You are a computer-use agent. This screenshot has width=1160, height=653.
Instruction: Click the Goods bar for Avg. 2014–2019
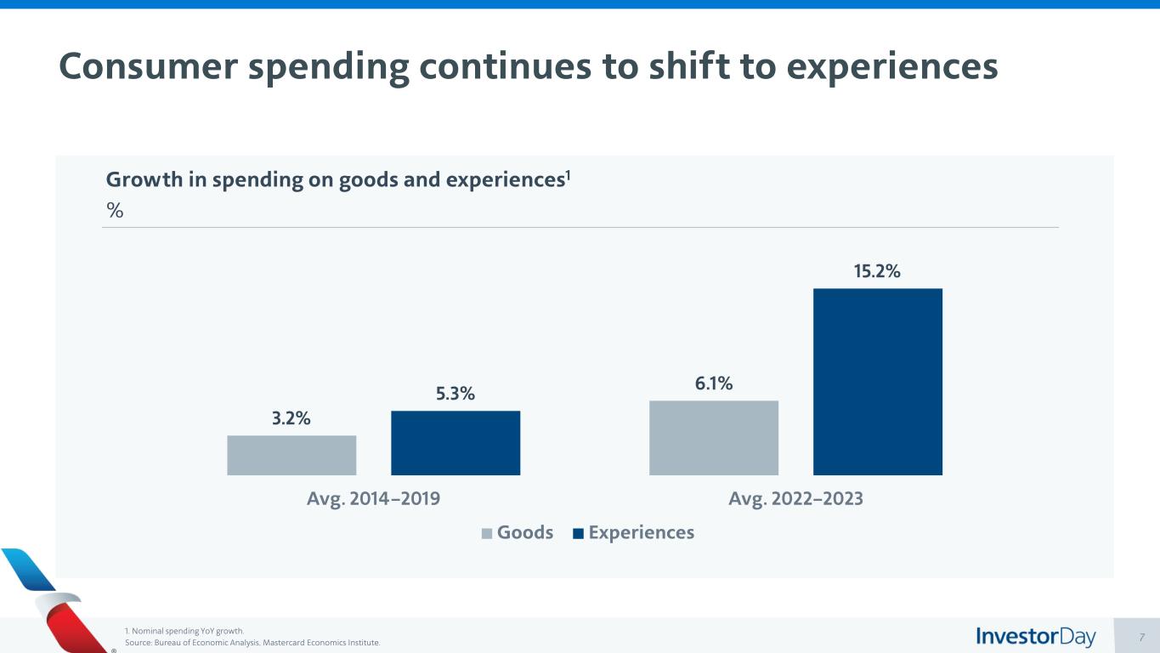click(291, 455)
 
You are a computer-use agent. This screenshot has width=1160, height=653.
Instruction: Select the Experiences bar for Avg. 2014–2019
click(456, 443)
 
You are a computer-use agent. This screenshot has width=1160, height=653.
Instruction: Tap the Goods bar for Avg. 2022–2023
click(714, 438)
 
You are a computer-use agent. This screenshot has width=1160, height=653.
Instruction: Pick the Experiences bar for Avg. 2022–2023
click(878, 382)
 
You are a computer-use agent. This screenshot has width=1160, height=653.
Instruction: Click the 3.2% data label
click(291, 418)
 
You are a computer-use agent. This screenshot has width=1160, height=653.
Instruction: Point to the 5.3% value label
click(456, 394)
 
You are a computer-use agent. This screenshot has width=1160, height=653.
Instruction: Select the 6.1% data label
click(714, 383)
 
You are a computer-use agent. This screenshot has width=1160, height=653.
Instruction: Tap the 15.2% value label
click(877, 271)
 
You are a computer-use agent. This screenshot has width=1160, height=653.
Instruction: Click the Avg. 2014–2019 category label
click(373, 499)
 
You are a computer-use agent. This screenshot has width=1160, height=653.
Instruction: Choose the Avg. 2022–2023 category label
click(795, 499)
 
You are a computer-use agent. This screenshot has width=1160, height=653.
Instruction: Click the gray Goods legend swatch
click(487, 534)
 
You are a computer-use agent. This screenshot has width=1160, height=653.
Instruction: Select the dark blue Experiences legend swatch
click(579, 534)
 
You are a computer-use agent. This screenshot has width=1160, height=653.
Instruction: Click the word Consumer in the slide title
click(147, 67)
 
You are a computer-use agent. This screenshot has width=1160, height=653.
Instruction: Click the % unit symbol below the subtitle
click(115, 211)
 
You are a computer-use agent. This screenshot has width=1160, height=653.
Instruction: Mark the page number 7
click(1142, 637)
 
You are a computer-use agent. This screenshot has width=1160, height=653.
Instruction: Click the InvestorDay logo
click(1036, 637)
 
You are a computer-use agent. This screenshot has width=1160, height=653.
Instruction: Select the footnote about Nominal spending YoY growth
click(184, 631)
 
